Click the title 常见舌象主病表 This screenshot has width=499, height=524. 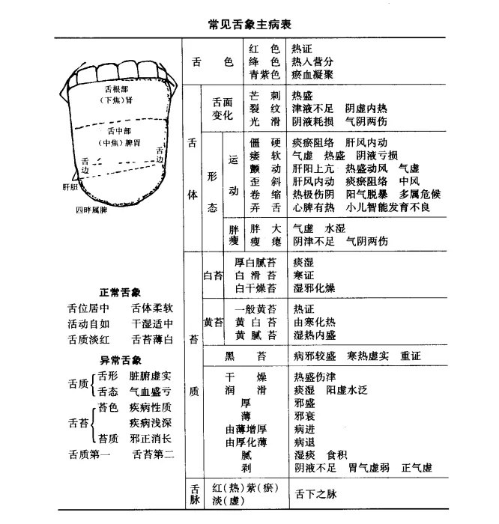(250, 23)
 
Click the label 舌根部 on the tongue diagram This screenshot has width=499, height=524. (118, 88)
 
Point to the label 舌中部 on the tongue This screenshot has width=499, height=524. (118, 129)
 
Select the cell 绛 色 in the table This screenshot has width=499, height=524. (264, 61)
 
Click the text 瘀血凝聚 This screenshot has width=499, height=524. (313, 75)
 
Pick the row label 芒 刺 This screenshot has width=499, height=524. (265, 96)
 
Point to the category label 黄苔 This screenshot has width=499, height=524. (214, 322)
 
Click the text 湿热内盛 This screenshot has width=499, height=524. (315, 335)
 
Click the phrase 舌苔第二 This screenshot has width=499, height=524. (154, 453)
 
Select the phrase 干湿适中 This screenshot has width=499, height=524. (152, 324)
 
